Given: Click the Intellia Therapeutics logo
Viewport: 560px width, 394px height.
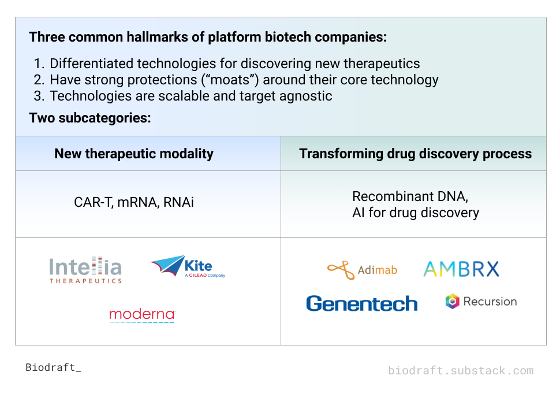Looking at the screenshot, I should tap(85, 270).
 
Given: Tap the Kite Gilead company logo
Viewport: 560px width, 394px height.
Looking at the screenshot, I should tap(188, 267).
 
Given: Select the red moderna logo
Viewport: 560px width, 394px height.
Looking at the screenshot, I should tap(142, 315).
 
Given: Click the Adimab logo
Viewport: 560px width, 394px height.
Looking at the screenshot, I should tap(362, 269).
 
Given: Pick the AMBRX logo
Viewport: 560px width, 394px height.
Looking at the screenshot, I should tap(461, 269).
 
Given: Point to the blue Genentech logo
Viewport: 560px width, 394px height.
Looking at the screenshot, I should tap(362, 303).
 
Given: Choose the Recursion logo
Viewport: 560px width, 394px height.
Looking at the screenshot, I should tap(481, 301).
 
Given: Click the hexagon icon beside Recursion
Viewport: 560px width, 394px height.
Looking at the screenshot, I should tap(452, 301).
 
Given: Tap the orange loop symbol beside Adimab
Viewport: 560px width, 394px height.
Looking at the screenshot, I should tap(340, 270).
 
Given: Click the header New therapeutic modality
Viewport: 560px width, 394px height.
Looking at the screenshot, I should tap(134, 154).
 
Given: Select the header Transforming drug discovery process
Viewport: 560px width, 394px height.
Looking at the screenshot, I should tap(415, 154).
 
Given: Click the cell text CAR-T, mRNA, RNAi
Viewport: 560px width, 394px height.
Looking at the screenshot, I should tap(134, 202).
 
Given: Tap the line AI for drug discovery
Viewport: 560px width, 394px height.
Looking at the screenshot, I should tap(416, 213).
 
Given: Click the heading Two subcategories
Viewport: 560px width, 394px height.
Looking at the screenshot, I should tap(90, 118).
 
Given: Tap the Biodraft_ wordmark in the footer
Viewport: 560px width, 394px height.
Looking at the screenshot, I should tap(53, 367).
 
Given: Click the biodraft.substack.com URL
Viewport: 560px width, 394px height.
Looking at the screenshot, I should tap(461, 370).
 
